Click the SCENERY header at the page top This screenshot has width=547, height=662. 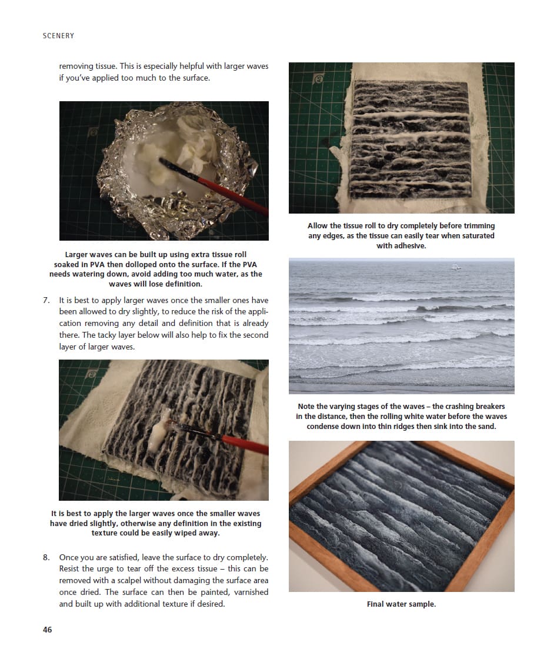click(x=58, y=36)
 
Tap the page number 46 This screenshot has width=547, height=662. click(x=47, y=630)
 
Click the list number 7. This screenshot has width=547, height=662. click(x=46, y=300)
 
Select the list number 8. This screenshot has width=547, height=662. click(x=46, y=557)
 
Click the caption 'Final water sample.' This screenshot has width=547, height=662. click(x=401, y=604)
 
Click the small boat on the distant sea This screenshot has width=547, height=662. click(x=454, y=267)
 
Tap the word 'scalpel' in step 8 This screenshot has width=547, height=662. click(x=128, y=581)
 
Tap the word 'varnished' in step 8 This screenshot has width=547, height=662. click(x=251, y=592)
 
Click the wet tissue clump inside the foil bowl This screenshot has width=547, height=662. click(x=186, y=146)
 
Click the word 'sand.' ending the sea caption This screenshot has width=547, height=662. click(x=486, y=427)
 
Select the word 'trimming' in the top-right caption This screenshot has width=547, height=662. click(x=479, y=226)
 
